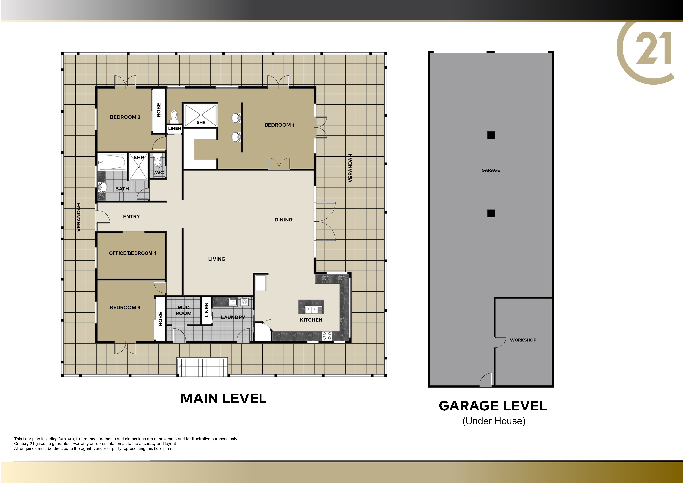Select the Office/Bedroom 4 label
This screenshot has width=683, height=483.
pos(133,253)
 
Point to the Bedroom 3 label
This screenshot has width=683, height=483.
pos(125,308)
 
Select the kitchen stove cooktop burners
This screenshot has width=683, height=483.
pos(327,336)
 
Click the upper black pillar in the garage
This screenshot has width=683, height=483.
pos(491,135)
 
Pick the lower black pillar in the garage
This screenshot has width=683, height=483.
pos(491,213)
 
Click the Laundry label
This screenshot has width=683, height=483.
pos(233,317)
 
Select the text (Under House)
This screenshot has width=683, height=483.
pos(494,421)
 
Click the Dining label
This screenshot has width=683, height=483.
pos(283,220)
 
